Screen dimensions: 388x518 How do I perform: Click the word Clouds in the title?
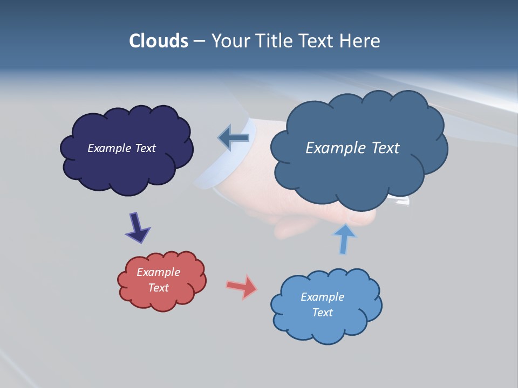tap(159, 41)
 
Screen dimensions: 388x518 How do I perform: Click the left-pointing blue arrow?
tap(234, 137)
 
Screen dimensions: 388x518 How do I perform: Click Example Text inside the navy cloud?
tap(121, 148)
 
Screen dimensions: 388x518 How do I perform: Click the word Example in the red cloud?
tap(158, 272)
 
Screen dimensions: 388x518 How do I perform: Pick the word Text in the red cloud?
tap(158, 288)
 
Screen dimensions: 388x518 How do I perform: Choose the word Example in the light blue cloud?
tap(322, 297)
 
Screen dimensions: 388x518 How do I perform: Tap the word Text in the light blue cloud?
tap(322, 313)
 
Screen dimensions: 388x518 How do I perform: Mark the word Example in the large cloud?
tap(335, 148)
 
